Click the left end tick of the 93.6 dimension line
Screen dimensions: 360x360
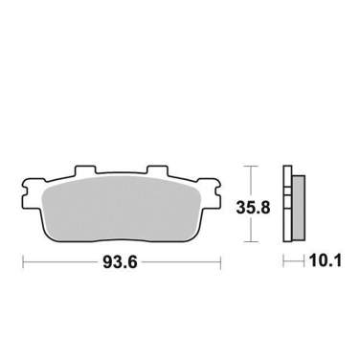pyautogui.click(x=23, y=261)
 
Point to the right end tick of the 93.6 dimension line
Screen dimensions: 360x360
pyautogui.click(x=222, y=261)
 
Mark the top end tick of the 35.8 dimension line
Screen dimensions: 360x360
pyautogui.click(x=251, y=167)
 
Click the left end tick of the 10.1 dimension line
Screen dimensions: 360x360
pyautogui.click(x=283, y=261)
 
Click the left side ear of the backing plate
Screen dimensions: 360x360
pyautogui.click(x=30, y=187)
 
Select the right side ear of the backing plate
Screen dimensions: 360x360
pyautogui.click(x=215, y=187)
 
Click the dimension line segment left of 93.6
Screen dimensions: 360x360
pyautogui.click(x=62, y=261)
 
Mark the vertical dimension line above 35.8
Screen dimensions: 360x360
pyautogui.click(x=251, y=180)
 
